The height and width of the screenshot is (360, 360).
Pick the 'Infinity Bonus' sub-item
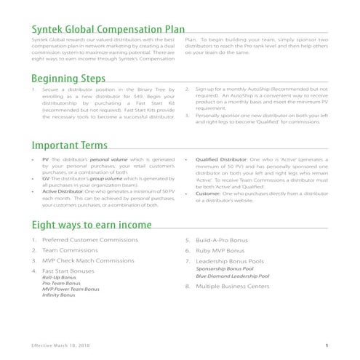58,296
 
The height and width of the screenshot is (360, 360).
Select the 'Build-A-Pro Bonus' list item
223,240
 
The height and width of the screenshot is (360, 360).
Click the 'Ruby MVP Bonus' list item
219,250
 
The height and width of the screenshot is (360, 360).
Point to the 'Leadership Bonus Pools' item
231,260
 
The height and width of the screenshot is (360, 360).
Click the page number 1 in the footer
327,345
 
